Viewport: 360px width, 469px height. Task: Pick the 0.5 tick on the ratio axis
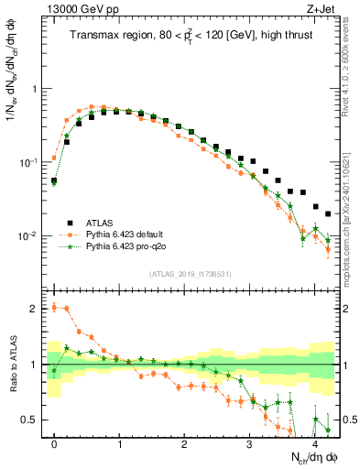coord(33,420)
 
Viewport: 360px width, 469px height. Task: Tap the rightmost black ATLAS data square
coord(328,213)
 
